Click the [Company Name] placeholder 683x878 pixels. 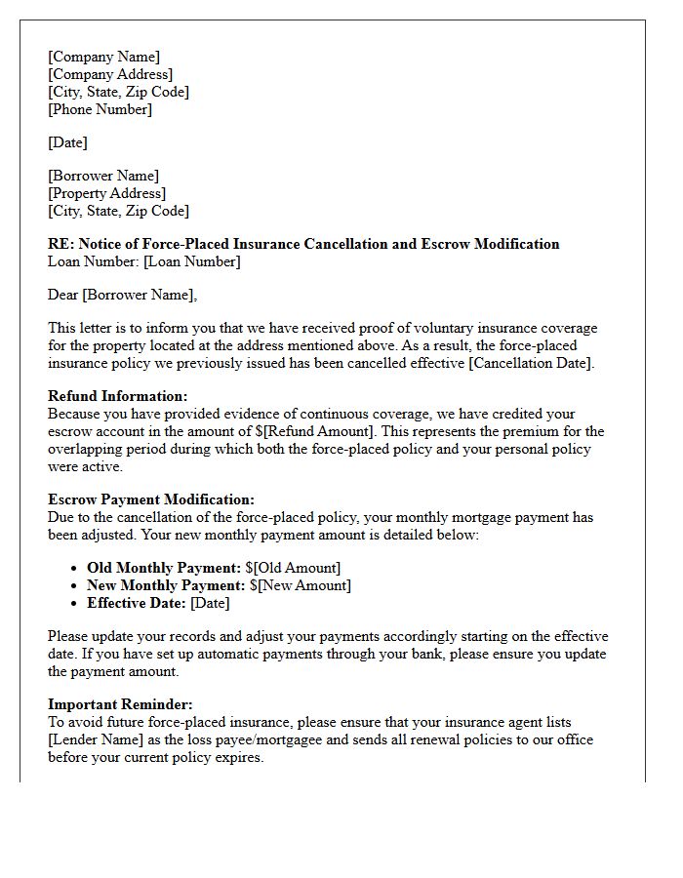click(x=103, y=57)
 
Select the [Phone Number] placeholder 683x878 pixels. click(x=100, y=109)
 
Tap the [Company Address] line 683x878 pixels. click(x=110, y=74)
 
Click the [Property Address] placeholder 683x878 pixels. click(x=106, y=193)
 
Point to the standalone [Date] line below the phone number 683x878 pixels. click(x=67, y=142)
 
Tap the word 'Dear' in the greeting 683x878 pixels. click(x=63, y=295)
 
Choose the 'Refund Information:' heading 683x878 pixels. click(x=117, y=396)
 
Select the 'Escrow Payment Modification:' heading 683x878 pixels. click(x=150, y=499)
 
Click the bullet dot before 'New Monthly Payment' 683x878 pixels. click(x=75, y=586)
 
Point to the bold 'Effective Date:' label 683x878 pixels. click(x=136, y=603)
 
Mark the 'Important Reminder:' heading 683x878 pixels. click(x=120, y=704)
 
